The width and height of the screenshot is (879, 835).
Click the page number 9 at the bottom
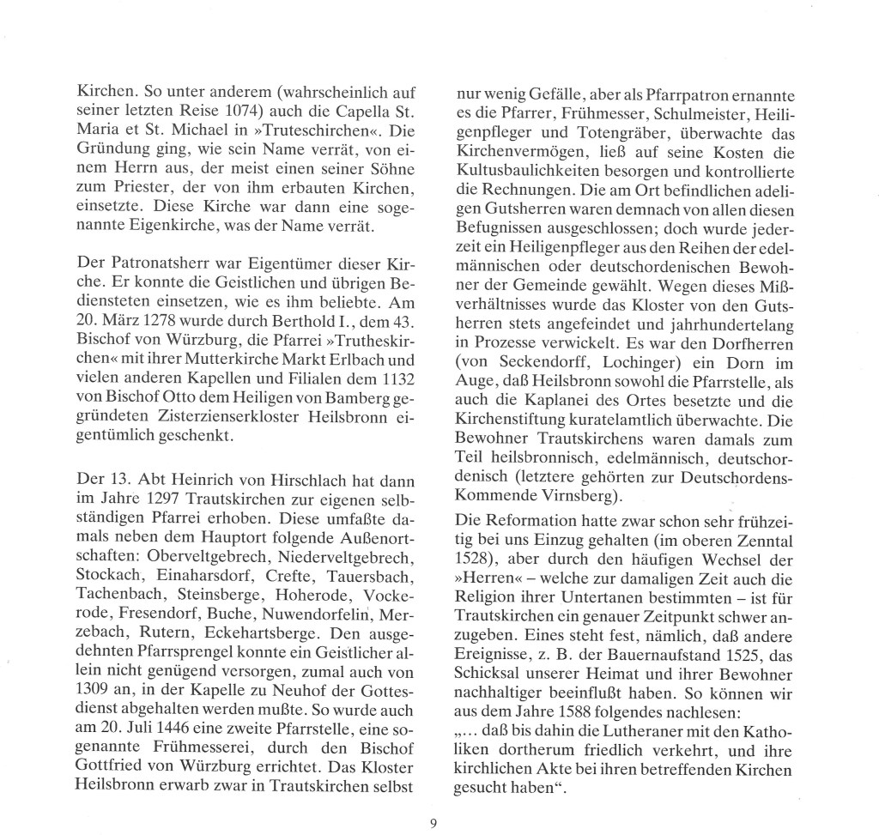coord(434,825)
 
